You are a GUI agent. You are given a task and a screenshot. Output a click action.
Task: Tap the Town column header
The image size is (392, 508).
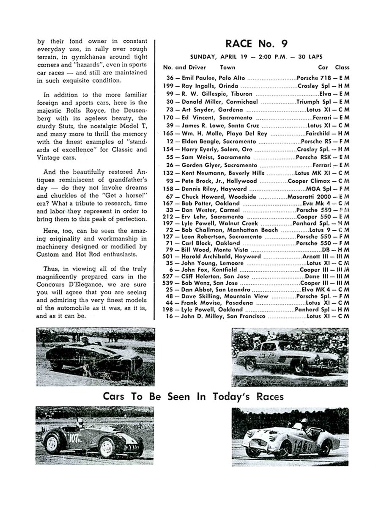pyautogui.click(x=228, y=67)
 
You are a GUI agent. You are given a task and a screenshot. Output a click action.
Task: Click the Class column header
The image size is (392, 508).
pyautogui.click(x=342, y=67)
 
